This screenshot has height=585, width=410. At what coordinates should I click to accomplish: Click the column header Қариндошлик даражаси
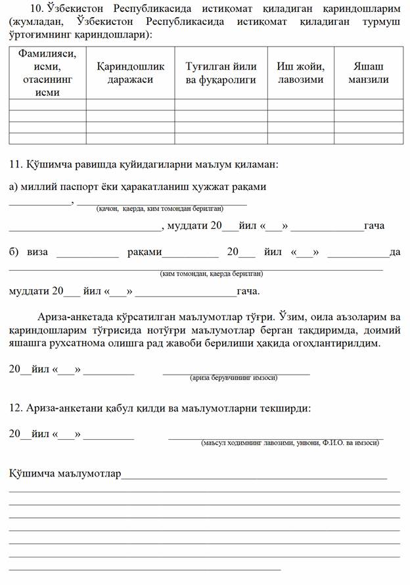(130, 73)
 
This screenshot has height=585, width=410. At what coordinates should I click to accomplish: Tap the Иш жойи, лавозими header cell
(300, 73)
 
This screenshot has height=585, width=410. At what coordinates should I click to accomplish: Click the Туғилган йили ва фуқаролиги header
(220, 73)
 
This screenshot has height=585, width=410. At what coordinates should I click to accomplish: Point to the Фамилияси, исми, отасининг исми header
(47, 73)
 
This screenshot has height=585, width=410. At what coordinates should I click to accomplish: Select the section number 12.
(16, 408)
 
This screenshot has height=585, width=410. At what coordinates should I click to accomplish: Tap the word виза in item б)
(37, 252)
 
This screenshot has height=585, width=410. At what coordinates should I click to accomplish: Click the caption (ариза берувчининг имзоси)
(233, 378)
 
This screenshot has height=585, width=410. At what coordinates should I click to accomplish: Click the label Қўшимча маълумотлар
(65, 473)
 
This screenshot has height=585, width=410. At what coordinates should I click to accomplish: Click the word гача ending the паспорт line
(374, 225)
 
